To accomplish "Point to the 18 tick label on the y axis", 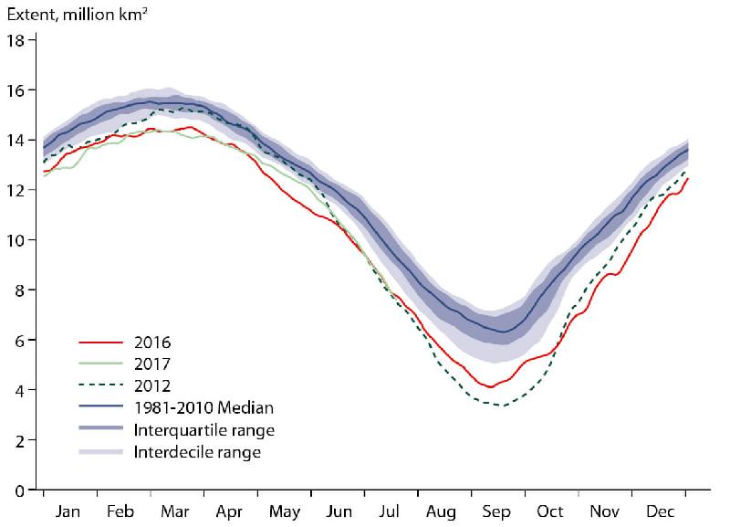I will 16,40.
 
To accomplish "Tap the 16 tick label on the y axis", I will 16,90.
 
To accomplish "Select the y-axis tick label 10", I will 16,240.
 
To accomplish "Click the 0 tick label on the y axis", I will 19,490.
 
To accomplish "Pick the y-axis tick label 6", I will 19,341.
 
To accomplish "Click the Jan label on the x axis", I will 68,512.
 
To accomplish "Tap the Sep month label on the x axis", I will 497,512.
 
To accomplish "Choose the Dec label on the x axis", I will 660,512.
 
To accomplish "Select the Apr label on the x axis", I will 228,512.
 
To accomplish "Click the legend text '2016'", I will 152,343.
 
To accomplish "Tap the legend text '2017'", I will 152,364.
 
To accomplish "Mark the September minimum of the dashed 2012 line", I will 500,406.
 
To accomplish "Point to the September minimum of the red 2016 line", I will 490,387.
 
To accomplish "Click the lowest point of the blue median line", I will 501,332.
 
